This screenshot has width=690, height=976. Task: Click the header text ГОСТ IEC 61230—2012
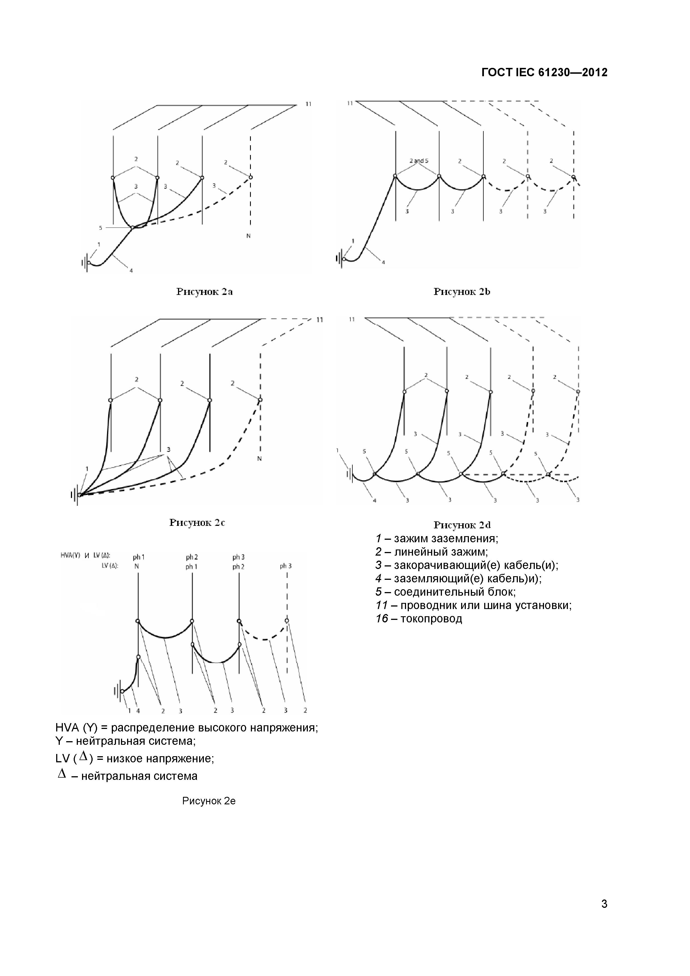click(544, 72)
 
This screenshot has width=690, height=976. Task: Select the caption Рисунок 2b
click(461, 292)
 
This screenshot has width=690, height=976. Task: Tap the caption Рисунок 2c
click(197, 522)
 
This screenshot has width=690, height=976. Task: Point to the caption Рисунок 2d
click(462, 525)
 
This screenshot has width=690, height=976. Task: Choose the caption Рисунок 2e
click(209, 801)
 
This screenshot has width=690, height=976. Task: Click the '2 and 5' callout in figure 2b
click(419, 161)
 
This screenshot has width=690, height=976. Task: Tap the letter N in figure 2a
click(249, 236)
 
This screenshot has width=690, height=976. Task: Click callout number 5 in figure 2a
click(101, 228)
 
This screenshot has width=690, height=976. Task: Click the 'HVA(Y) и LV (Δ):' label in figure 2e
click(85, 555)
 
